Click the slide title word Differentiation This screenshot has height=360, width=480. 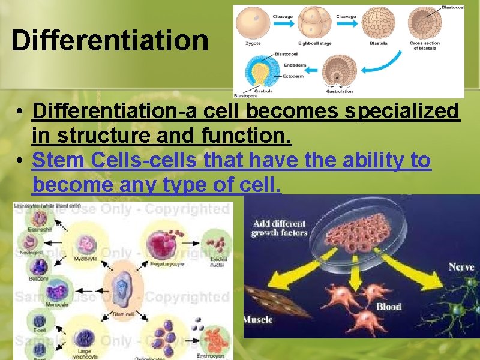110,41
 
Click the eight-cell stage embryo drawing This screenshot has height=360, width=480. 316,23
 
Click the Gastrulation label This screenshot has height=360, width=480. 339,92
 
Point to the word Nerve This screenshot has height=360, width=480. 461,266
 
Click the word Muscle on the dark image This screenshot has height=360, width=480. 259,320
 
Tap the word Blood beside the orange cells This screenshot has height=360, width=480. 389,307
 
